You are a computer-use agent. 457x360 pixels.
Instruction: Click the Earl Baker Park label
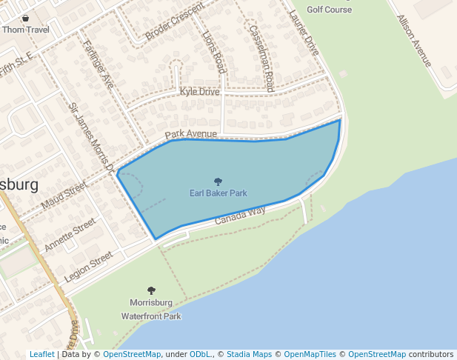pos(218,193)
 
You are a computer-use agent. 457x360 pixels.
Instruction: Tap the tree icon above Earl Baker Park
pos(218,181)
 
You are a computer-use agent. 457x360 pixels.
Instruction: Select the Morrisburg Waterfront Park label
pos(151,309)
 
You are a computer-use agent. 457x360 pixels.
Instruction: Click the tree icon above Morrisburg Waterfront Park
pos(152,291)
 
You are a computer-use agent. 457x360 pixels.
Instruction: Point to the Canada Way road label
pos(240,216)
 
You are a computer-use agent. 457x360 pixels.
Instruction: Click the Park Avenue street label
pos(191,134)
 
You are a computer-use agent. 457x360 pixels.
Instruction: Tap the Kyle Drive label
pos(200,91)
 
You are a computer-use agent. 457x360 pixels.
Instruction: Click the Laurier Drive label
pos(303,32)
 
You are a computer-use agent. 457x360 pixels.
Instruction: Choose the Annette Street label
pos(70,234)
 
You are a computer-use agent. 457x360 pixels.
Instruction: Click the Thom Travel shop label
pos(25,30)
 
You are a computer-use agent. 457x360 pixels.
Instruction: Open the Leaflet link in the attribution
pos(41,355)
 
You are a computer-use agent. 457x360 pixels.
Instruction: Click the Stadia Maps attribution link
pos(249,355)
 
